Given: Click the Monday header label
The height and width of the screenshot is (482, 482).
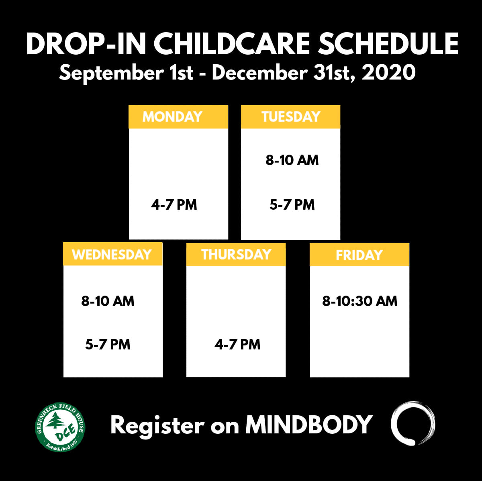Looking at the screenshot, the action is [x=172, y=116].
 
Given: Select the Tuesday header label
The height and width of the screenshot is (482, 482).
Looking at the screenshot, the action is [x=291, y=116].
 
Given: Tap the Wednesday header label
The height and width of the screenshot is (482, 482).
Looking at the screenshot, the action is [x=112, y=254].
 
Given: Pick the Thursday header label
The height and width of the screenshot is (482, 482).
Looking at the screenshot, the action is [x=236, y=254].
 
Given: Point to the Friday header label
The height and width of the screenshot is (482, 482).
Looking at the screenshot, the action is [x=359, y=255].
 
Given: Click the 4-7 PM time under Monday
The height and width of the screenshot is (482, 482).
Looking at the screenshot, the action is [x=174, y=204].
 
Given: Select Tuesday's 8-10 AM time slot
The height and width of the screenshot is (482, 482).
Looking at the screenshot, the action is [x=292, y=160].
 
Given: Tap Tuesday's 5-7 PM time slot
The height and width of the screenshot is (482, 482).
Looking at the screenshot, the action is [x=292, y=204].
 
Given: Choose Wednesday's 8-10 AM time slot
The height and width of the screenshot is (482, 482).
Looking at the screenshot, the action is [x=108, y=301].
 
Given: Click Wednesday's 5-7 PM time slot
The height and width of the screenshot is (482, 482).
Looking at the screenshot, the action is [x=108, y=344].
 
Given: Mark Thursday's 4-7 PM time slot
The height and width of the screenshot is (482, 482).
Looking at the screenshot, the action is [x=237, y=344].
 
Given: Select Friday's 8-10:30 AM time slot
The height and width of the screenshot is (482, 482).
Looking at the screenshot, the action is [x=359, y=301].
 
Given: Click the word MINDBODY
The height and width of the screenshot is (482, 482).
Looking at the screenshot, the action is [x=309, y=425].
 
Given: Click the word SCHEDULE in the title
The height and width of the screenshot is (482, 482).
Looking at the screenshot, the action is [x=388, y=44].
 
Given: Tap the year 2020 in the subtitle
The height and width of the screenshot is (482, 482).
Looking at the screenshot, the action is [x=388, y=73].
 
